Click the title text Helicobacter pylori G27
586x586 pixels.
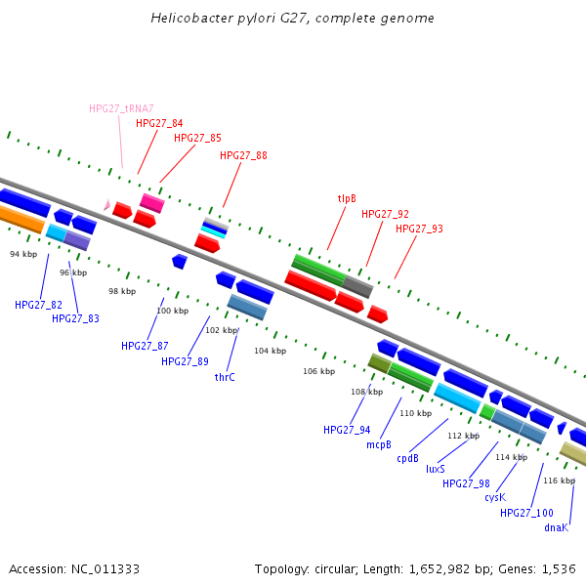point(292,19)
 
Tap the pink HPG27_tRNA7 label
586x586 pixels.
point(121,108)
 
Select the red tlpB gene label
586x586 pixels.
point(347,198)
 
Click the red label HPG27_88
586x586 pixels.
point(243,155)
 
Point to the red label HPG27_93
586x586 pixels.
point(419,229)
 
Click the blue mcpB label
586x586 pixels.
point(379,444)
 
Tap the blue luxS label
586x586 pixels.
point(436,469)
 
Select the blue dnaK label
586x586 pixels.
point(556,527)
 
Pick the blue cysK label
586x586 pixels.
point(495,497)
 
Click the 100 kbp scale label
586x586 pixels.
point(172,311)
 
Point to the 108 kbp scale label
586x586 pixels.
point(366,392)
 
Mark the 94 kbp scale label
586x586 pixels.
point(23,254)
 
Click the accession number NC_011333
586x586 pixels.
point(74,568)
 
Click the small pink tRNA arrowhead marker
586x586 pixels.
point(107,204)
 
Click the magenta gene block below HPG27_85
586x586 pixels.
point(151,202)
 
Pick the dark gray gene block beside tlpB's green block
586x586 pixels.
point(357,286)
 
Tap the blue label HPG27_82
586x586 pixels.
point(38,305)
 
